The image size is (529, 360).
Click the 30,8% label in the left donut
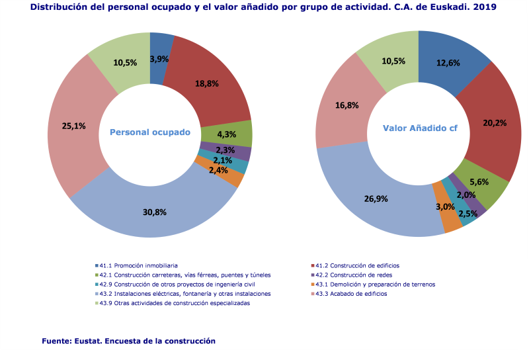point(154,212)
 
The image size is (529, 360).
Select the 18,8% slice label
point(207,84)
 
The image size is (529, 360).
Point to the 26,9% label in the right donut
point(376,198)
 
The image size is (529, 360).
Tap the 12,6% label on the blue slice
point(448,64)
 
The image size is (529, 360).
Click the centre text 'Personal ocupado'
point(149,132)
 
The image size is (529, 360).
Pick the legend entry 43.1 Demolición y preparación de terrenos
point(375,285)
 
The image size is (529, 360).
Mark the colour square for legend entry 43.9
point(97,303)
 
